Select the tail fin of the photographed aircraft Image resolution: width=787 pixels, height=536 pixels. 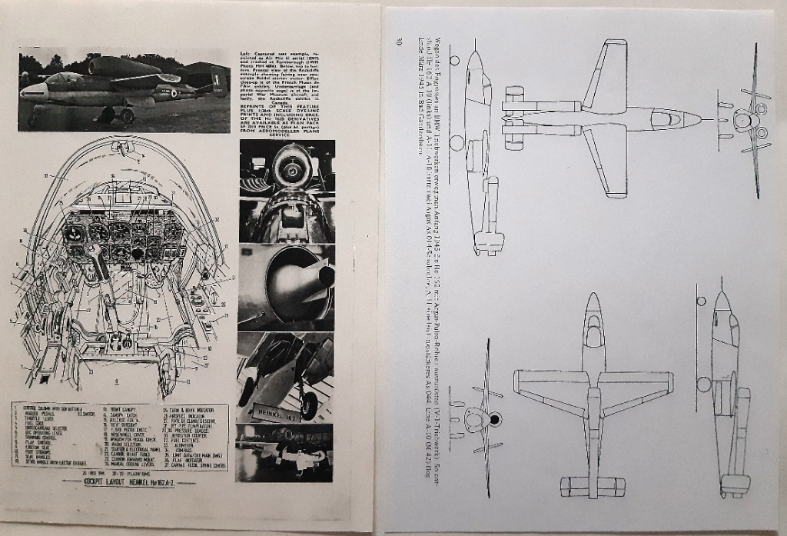click(219, 80)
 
